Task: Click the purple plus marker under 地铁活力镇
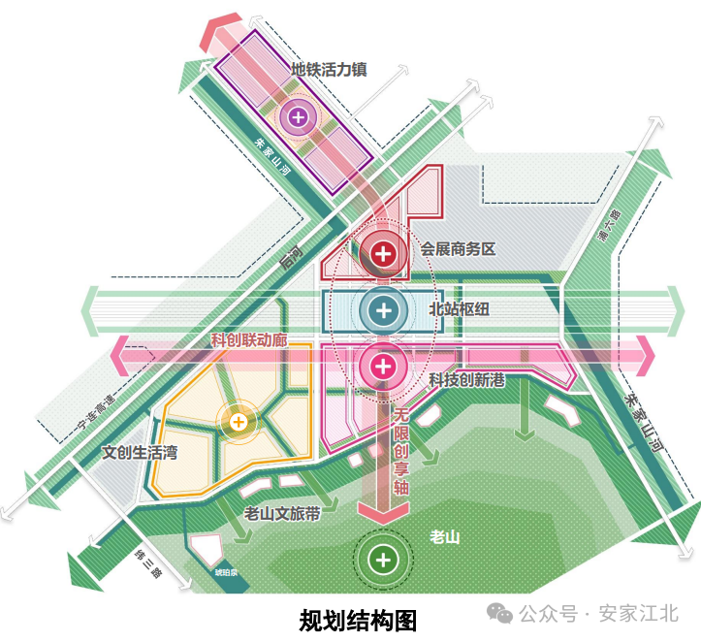click(298, 118)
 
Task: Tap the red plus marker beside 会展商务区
click(384, 254)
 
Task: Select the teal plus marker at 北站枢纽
click(385, 310)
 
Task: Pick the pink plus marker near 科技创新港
click(384, 367)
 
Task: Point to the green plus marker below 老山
click(385, 560)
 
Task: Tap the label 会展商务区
click(458, 249)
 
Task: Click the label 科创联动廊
click(249, 341)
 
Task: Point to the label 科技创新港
click(467, 380)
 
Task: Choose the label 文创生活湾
click(141, 453)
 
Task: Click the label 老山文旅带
click(282, 514)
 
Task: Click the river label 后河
click(289, 259)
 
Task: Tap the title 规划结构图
click(358, 619)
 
